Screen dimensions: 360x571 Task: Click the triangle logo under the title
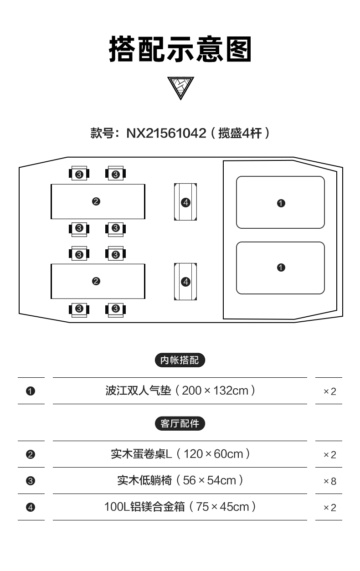pos(180,87)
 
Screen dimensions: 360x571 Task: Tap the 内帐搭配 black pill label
pos(180,360)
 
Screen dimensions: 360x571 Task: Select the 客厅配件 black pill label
pos(180,423)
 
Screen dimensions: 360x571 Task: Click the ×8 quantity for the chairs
pos(329,481)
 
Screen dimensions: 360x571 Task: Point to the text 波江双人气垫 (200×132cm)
pos(180,391)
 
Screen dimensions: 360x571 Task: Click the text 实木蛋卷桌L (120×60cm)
pos(180,454)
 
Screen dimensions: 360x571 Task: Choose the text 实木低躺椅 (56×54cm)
pos(180,480)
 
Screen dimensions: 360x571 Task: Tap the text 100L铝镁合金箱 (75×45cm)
pos(180,507)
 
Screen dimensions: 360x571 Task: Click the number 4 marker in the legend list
pos(31,507)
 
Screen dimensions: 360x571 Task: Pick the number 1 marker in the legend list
pos(31,391)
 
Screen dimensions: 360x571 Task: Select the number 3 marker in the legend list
pos(31,481)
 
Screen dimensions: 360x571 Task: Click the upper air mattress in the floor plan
pos(280,202)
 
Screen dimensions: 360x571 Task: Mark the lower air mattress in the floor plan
pos(280,268)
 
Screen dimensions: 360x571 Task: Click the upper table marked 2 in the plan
pos(98,201)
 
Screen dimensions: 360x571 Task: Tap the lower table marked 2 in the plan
pos(98,281)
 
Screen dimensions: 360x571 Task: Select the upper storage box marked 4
pos(185,202)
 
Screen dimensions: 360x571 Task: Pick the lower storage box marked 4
pos(185,282)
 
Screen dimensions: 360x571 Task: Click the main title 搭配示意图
pos(180,50)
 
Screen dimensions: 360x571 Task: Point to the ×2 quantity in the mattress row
pos(329,391)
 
